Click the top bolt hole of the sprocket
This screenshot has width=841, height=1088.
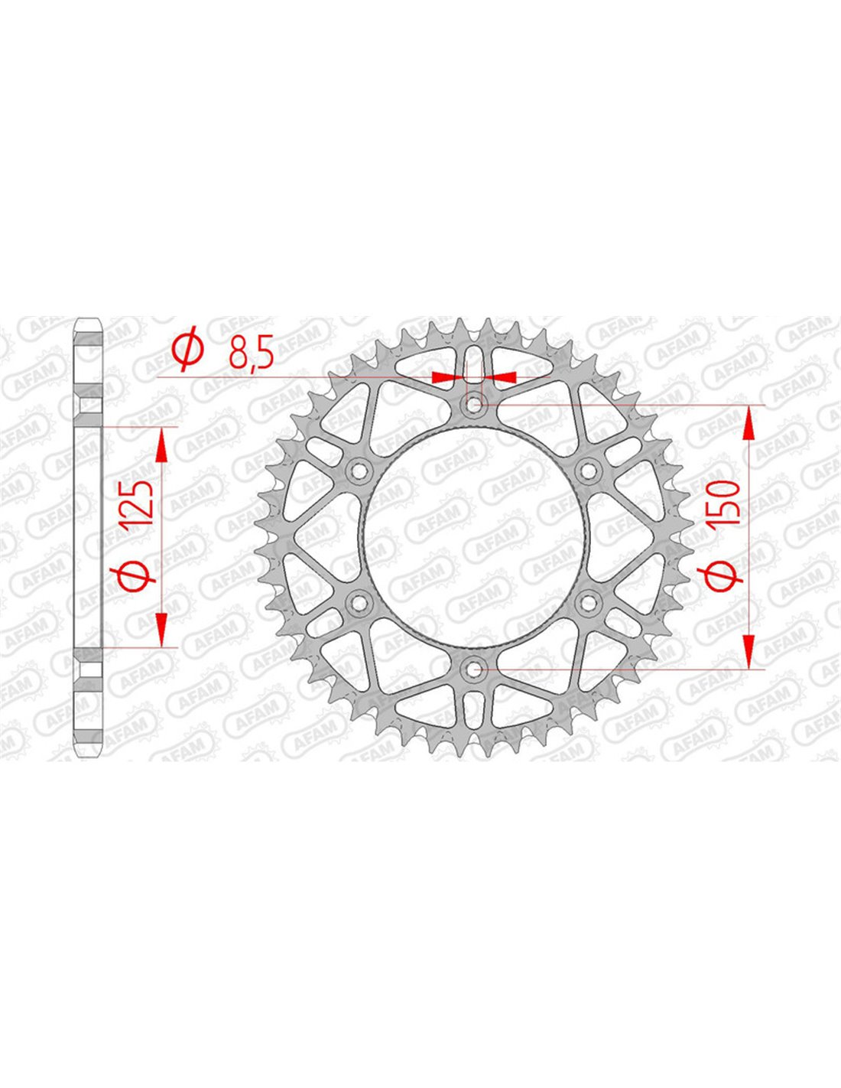click(x=473, y=404)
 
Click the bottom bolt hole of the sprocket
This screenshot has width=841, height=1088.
click(x=473, y=669)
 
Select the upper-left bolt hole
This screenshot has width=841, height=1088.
click(x=359, y=470)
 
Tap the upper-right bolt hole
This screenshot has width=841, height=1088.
click(x=588, y=470)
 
